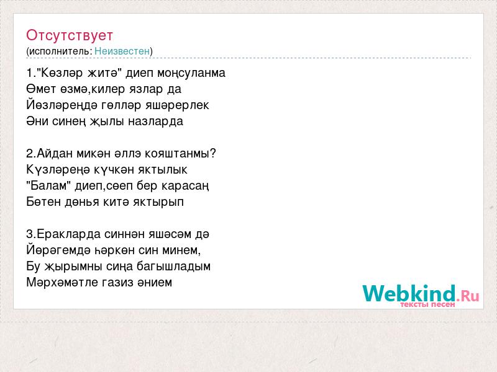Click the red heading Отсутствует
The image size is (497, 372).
click(70, 35)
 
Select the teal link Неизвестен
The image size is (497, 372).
click(122, 51)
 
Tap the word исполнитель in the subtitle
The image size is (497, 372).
click(60, 51)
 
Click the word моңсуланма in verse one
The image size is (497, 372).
click(191, 73)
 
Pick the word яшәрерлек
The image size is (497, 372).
click(177, 105)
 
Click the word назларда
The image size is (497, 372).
click(156, 122)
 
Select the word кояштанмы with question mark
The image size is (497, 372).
click(180, 153)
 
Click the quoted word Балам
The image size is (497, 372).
click(48, 185)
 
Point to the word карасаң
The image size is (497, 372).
click(185, 187)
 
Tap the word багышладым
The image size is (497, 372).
click(173, 267)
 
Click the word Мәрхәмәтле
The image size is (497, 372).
click(63, 282)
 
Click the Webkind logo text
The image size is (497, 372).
click(409, 293)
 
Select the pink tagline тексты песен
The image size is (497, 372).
click(427, 304)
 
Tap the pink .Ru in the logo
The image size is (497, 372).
click(468, 296)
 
